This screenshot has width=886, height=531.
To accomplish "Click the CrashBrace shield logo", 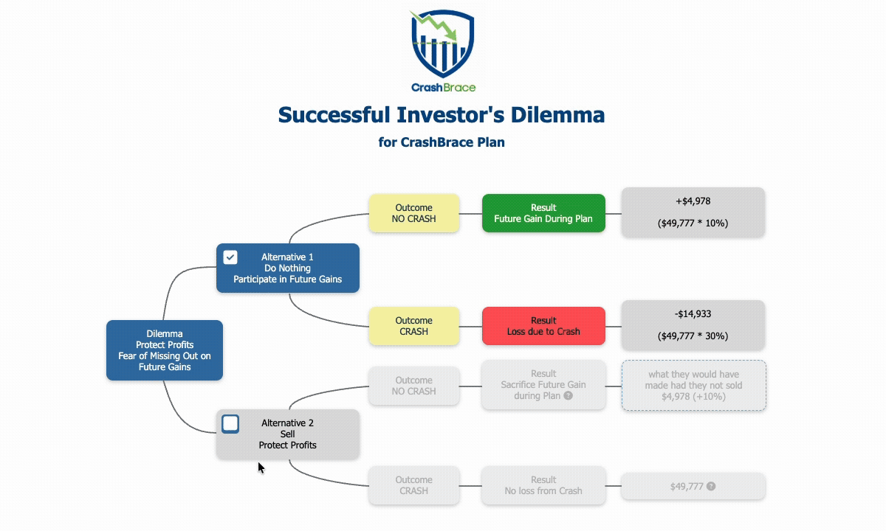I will coord(442,44).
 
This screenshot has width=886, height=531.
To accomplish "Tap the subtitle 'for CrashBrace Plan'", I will coord(442,142).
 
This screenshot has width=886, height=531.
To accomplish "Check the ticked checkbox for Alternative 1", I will coord(230,257).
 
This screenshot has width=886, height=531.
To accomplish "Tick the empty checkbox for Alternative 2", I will coord(230,423).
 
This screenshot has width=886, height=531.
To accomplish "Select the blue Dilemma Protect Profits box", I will coord(164,350).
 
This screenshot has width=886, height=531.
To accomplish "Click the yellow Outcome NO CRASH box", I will coord(413,213).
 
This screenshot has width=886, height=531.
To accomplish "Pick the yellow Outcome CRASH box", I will coord(413,326).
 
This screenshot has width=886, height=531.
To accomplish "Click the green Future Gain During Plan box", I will coord(543,213).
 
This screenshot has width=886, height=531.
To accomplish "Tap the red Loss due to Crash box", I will coord(543,326).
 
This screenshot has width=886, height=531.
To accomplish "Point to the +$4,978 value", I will coord(693,201).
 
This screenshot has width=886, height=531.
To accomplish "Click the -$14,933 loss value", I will coord(693,314).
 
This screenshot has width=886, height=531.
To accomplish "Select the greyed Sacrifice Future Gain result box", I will coord(543,384).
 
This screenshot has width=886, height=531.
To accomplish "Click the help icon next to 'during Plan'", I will coord(568,396).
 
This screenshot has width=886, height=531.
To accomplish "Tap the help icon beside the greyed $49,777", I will coord(711,487).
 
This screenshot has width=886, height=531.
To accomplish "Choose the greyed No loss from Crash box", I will coord(543,485).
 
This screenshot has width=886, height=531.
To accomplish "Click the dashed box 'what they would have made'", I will coord(693,385).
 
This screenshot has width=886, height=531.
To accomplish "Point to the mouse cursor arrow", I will coord(261,468).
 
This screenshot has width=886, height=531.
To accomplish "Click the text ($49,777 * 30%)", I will coord(693,336).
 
